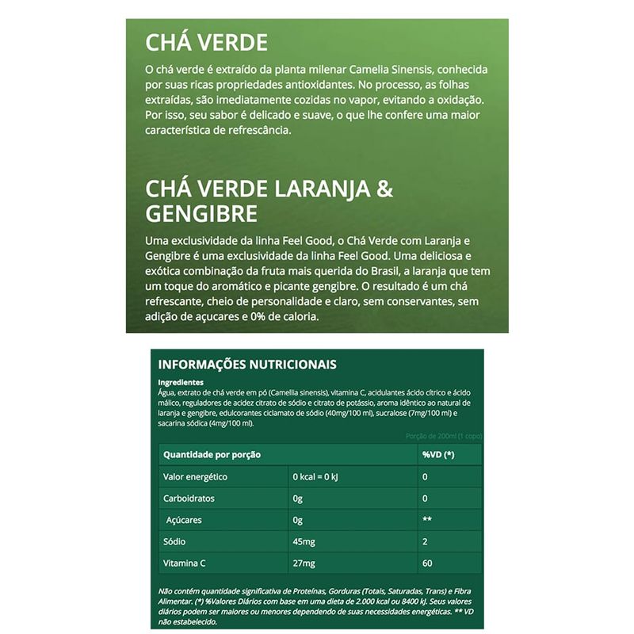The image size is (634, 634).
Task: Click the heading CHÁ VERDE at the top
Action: [x=207, y=42]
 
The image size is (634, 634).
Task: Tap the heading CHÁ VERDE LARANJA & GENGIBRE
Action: [x=269, y=201]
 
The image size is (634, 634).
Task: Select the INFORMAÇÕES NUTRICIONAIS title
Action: [x=247, y=365]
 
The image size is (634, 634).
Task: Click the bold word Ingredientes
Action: [x=181, y=382]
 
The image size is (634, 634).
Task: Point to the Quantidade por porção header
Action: [x=212, y=455]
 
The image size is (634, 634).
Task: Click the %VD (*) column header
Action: [x=438, y=455]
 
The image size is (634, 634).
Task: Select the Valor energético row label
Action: [x=195, y=477]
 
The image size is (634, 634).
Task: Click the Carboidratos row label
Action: [x=189, y=499]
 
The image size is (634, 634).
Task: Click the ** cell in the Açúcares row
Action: [x=426, y=521]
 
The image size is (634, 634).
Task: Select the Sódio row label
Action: [x=174, y=543]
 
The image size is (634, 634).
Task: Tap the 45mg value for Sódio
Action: [x=304, y=543]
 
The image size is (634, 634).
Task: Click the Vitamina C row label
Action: [x=185, y=564]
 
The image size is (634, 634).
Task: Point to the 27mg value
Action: [x=304, y=564]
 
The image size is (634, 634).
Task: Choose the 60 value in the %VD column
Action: [x=427, y=564]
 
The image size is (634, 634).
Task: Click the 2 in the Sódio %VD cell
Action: [x=425, y=543]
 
